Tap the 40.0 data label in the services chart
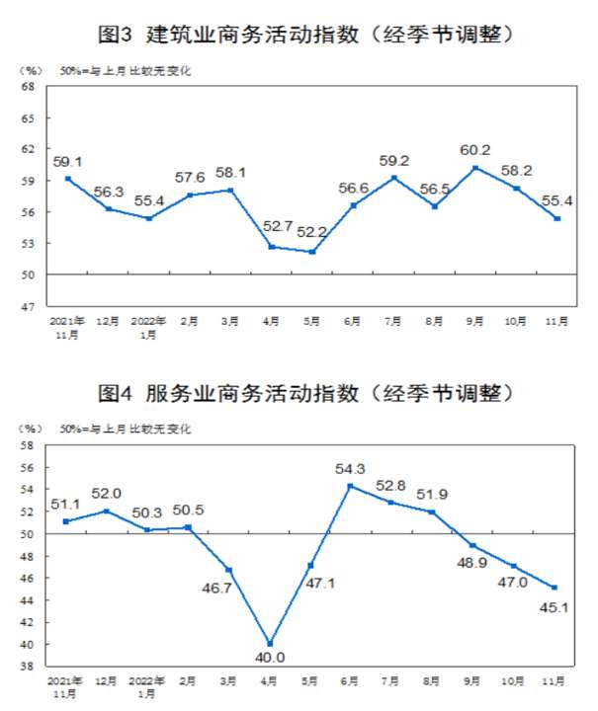pos(269,660)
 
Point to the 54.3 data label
pos(351,469)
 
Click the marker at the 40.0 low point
pos(270,644)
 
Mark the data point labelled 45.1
pos(555,588)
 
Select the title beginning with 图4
pos(299,392)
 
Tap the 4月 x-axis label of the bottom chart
pos(270,681)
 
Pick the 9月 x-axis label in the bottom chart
pos(474,681)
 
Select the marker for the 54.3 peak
pos(351,486)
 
